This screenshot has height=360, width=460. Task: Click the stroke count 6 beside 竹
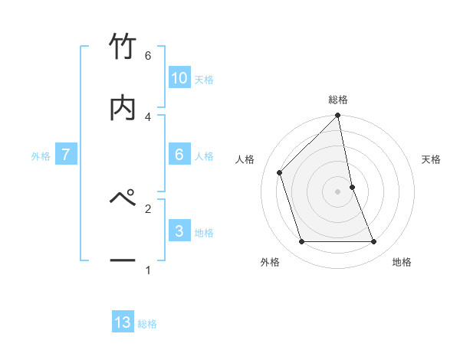click(x=148, y=56)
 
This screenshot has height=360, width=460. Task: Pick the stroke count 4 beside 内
click(x=148, y=116)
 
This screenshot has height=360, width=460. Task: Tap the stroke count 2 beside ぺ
click(x=148, y=208)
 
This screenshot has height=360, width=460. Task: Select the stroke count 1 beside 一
click(x=148, y=270)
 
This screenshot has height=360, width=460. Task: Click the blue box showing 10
click(x=179, y=78)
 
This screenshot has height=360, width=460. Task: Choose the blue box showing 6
click(x=179, y=155)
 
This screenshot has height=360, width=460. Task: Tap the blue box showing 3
click(x=179, y=231)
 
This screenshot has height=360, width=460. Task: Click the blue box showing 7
click(x=67, y=155)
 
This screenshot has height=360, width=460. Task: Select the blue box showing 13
click(x=123, y=322)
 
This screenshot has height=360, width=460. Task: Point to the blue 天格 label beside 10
click(x=204, y=80)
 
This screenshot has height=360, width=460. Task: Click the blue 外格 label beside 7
click(x=41, y=156)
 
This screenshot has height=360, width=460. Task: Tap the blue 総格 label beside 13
click(x=147, y=324)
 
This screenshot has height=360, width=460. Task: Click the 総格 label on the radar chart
click(x=338, y=100)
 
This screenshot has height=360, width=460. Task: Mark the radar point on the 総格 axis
click(x=338, y=116)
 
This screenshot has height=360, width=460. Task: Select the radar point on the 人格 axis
click(x=280, y=172)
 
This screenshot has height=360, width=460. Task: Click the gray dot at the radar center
click(x=338, y=191)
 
